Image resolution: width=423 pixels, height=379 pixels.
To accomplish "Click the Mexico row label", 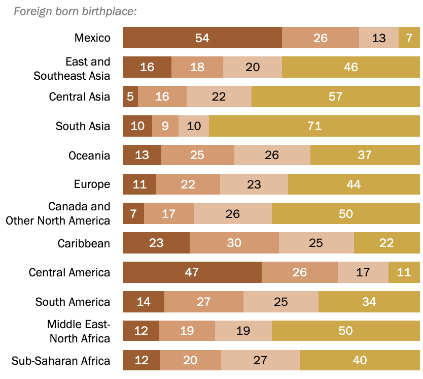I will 92,38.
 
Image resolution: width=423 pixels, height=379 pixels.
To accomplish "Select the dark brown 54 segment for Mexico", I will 202,38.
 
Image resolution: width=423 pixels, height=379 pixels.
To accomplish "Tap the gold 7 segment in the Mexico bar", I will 409,38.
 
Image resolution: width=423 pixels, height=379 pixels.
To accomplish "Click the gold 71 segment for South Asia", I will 314,126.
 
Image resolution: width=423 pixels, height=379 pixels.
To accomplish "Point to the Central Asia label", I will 80,97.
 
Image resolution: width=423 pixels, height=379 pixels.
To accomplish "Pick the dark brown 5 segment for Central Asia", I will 130,97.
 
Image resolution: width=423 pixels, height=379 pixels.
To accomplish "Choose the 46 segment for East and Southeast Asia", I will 350,67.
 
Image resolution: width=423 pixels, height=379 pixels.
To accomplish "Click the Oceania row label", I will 89,155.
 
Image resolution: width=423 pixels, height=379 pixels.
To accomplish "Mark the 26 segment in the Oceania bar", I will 272,155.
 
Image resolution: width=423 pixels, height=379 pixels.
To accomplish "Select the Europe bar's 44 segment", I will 354,184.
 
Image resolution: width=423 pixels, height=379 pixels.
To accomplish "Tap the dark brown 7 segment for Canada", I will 133,214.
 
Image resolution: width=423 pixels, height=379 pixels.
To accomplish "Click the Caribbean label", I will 84,243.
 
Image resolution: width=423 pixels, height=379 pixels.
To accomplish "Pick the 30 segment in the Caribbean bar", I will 234,243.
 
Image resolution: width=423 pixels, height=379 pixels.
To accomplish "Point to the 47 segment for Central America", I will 192,272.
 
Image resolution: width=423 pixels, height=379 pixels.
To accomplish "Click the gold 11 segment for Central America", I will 404,272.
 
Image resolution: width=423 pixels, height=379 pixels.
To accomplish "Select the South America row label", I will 73,302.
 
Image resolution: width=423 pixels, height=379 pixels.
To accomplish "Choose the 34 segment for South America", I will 369,302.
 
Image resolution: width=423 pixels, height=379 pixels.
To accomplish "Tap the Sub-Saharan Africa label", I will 61,361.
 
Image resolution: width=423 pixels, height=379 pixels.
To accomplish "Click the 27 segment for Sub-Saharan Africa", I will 260,361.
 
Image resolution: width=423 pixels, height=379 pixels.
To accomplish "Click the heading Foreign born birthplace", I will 75,11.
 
